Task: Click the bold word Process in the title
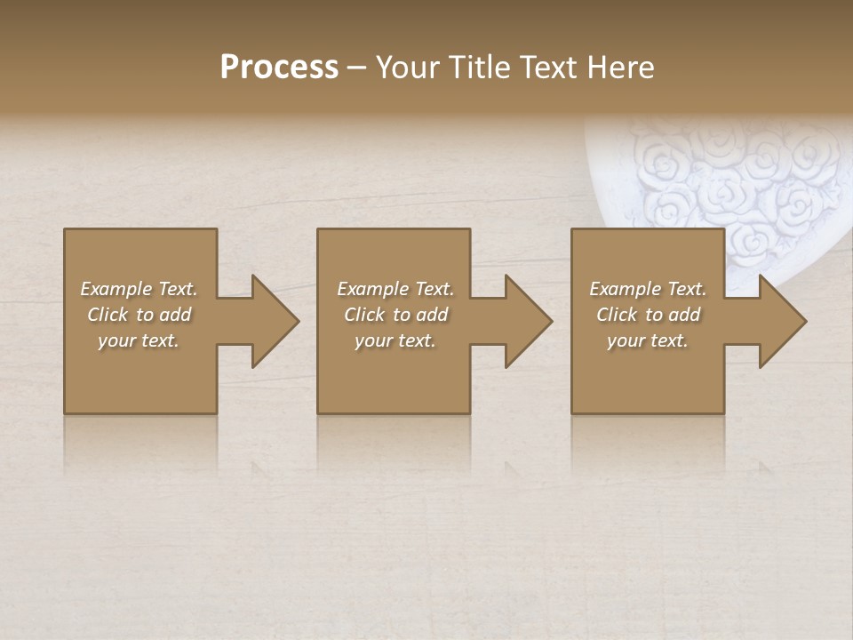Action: coord(279,68)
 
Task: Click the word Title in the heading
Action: coord(479,68)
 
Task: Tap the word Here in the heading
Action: coord(621,68)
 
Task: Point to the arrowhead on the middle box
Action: coord(528,321)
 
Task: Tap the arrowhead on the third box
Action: coord(782,321)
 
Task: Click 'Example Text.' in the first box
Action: coord(139,289)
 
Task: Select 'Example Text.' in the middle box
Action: coord(395,289)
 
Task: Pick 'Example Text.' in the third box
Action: coord(648,289)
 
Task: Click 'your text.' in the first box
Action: coord(139,340)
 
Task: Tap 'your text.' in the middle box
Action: coord(395,340)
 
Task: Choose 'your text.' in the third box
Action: coord(648,340)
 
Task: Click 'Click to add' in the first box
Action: coord(139,315)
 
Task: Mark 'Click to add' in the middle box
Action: coord(395,315)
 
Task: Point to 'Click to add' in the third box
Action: coord(648,315)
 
